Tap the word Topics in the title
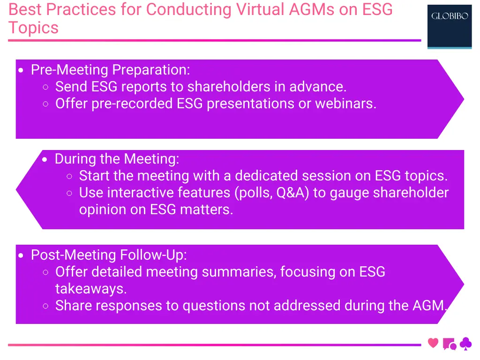pyautogui.click(x=33, y=28)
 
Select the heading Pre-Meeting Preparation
pyautogui.click(x=110, y=70)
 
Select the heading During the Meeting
pyautogui.click(x=117, y=159)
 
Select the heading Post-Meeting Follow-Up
pyautogui.click(x=109, y=255)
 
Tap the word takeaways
pyautogui.click(x=91, y=289)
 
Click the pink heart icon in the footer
pyautogui.click(x=433, y=343)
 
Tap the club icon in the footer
pyautogui.click(x=465, y=344)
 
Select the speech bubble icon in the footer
pyautogui.click(x=449, y=344)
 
